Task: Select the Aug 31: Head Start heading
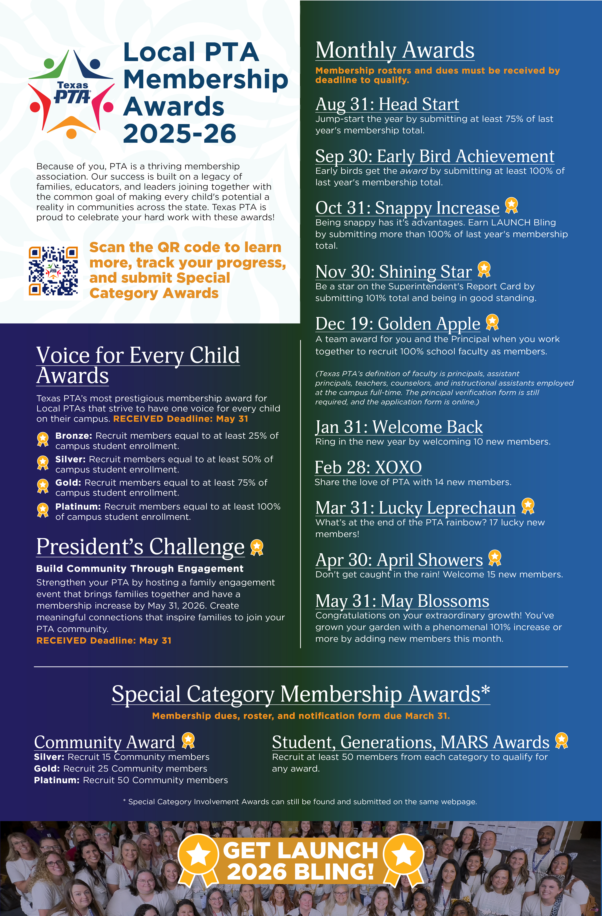387,104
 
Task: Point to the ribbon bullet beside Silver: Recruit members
43,463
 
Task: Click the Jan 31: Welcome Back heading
399,427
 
